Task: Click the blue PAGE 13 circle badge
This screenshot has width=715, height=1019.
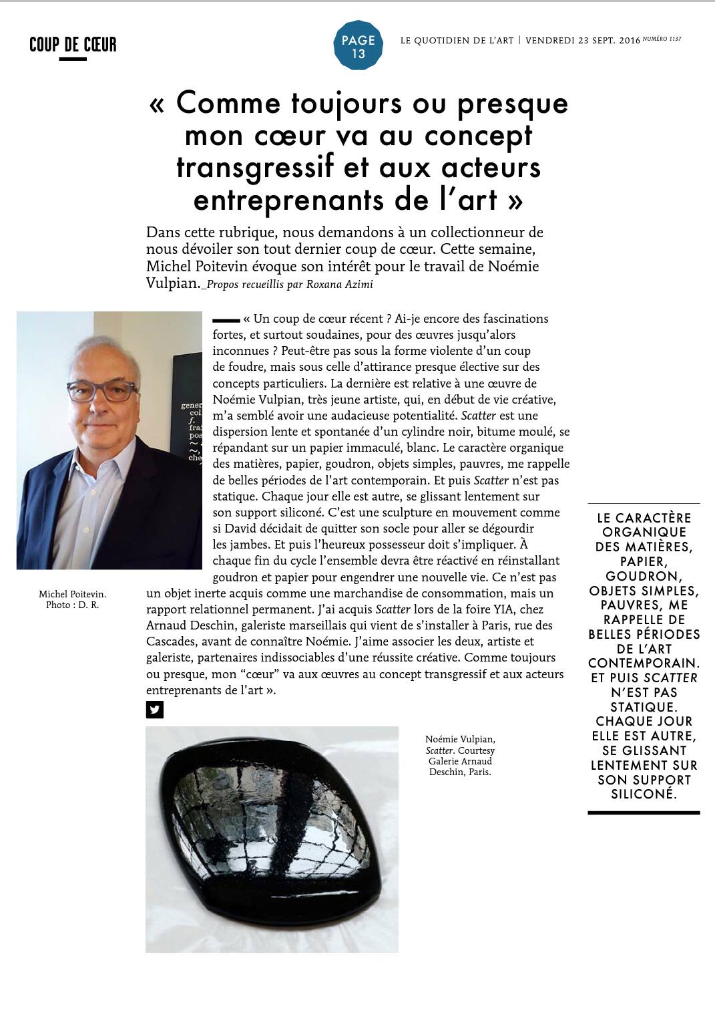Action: [359, 45]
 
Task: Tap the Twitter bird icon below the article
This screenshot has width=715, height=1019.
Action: [154, 710]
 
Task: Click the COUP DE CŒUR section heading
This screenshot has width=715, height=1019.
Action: [73, 45]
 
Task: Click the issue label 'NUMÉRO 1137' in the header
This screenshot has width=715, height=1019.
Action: [662, 39]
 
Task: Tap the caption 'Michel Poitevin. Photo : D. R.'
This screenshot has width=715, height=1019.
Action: [72, 599]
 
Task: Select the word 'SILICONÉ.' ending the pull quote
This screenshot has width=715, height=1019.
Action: [644, 794]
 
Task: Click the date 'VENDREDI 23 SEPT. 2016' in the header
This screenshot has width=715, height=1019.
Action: [582, 41]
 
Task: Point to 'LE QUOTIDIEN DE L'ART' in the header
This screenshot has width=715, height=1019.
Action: [457, 41]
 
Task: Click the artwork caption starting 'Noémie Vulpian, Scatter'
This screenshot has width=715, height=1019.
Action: [460, 755]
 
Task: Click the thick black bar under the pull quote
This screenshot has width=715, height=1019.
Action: [644, 813]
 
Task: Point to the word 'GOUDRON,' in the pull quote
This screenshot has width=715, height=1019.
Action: [642, 576]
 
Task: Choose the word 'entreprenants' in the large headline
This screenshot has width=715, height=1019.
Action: [275, 200]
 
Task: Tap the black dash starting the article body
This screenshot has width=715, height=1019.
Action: [226, 320]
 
